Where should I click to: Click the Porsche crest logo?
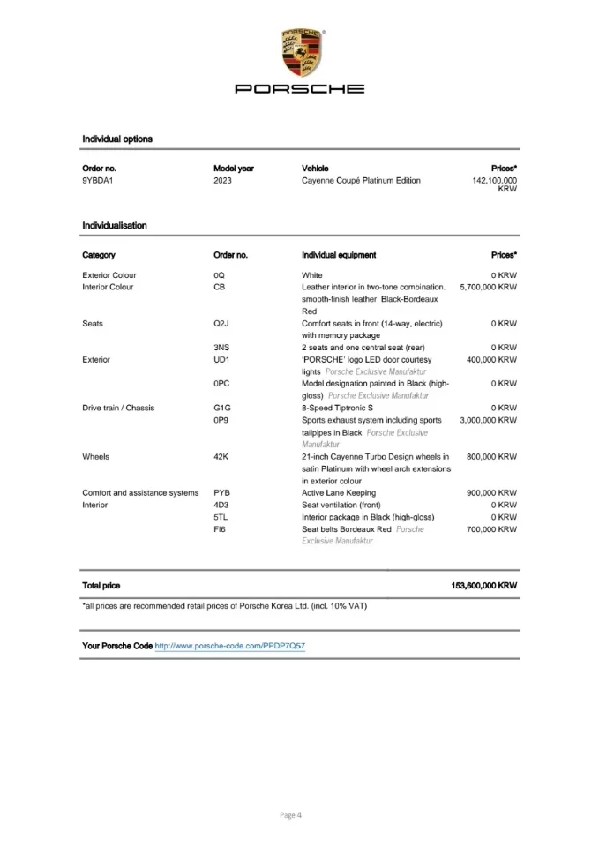(x=300, y=51)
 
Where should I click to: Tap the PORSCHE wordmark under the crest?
(x=299, y=89)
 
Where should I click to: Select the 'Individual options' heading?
(x=117, y=139)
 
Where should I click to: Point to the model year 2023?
(x=223, y=181)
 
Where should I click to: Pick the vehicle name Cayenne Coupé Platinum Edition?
(x=361, y=181)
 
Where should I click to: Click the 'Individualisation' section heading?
(x=115, y=226)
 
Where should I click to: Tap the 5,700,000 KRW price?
(x=488, y=288)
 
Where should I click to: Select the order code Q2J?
(x=221, y=324)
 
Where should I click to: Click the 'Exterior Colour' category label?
(x=109, y=275)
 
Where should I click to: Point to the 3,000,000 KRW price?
(x=488, y=421)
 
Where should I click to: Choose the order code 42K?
(x=221, y=457)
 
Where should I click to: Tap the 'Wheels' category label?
(x=96, y=457)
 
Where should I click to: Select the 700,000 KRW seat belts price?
(x=491, y=529)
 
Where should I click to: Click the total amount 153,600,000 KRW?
(x=483, y=586)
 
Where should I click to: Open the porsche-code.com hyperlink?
(x=230, y=647)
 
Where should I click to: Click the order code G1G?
(x=222, y=409)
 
